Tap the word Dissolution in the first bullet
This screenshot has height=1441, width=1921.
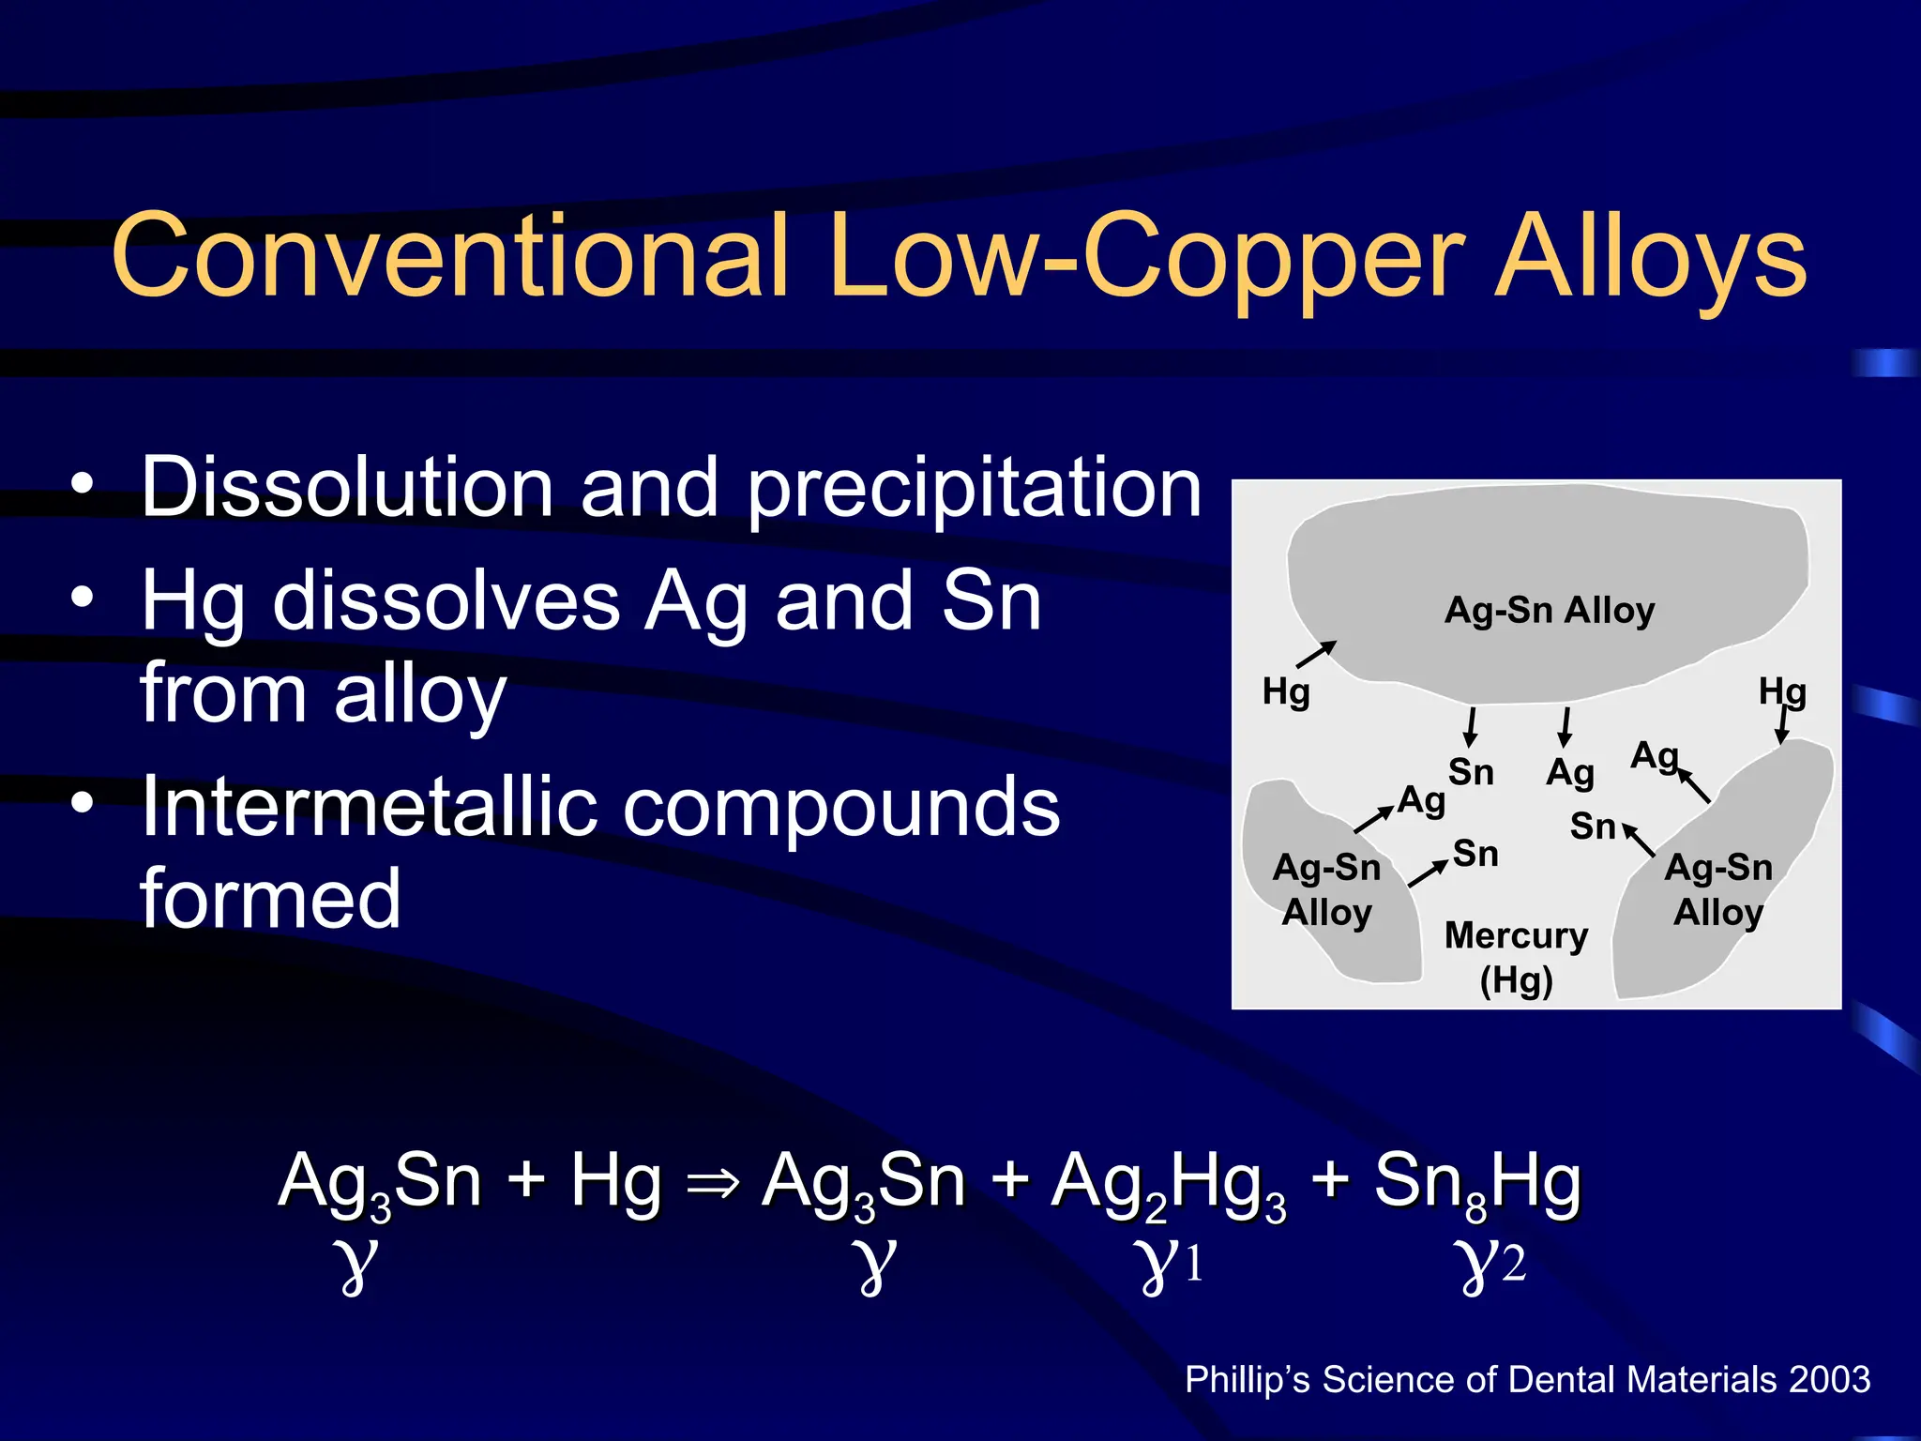pyautogui.click(x=347, y=487)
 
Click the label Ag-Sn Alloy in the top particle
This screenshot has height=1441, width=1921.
pyautogui.click(x=1550, y=611)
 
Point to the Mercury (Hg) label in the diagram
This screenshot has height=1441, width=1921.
pyautogui.click(x=1516, y=957)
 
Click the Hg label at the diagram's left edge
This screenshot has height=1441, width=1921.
pyautogui.click(x=1285, y=693)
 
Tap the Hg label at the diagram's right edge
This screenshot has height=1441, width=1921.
pyautogui.click(x=1781, y=693)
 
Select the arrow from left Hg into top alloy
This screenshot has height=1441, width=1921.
pyautogui.click(x=1316, y=654)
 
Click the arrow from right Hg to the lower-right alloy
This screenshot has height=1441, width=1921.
pyautogui.click(x=1783, y=725)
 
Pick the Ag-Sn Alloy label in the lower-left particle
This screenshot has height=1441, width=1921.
pyautogui.click(x=1326, y=889)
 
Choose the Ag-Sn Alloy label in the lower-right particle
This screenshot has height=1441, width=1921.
pyautogui.click(x=1718, y=889)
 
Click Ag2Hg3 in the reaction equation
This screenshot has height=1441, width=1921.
pyautogui.click(x=1169, y=1184)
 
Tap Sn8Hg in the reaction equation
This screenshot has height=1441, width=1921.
pyautogui.click(x=1477, y=1184)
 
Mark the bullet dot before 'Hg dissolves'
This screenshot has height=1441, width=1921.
pyautogui.click(x=83, y=598)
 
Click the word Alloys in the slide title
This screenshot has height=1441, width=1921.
pyautogui.click(x=1650, y=257)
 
